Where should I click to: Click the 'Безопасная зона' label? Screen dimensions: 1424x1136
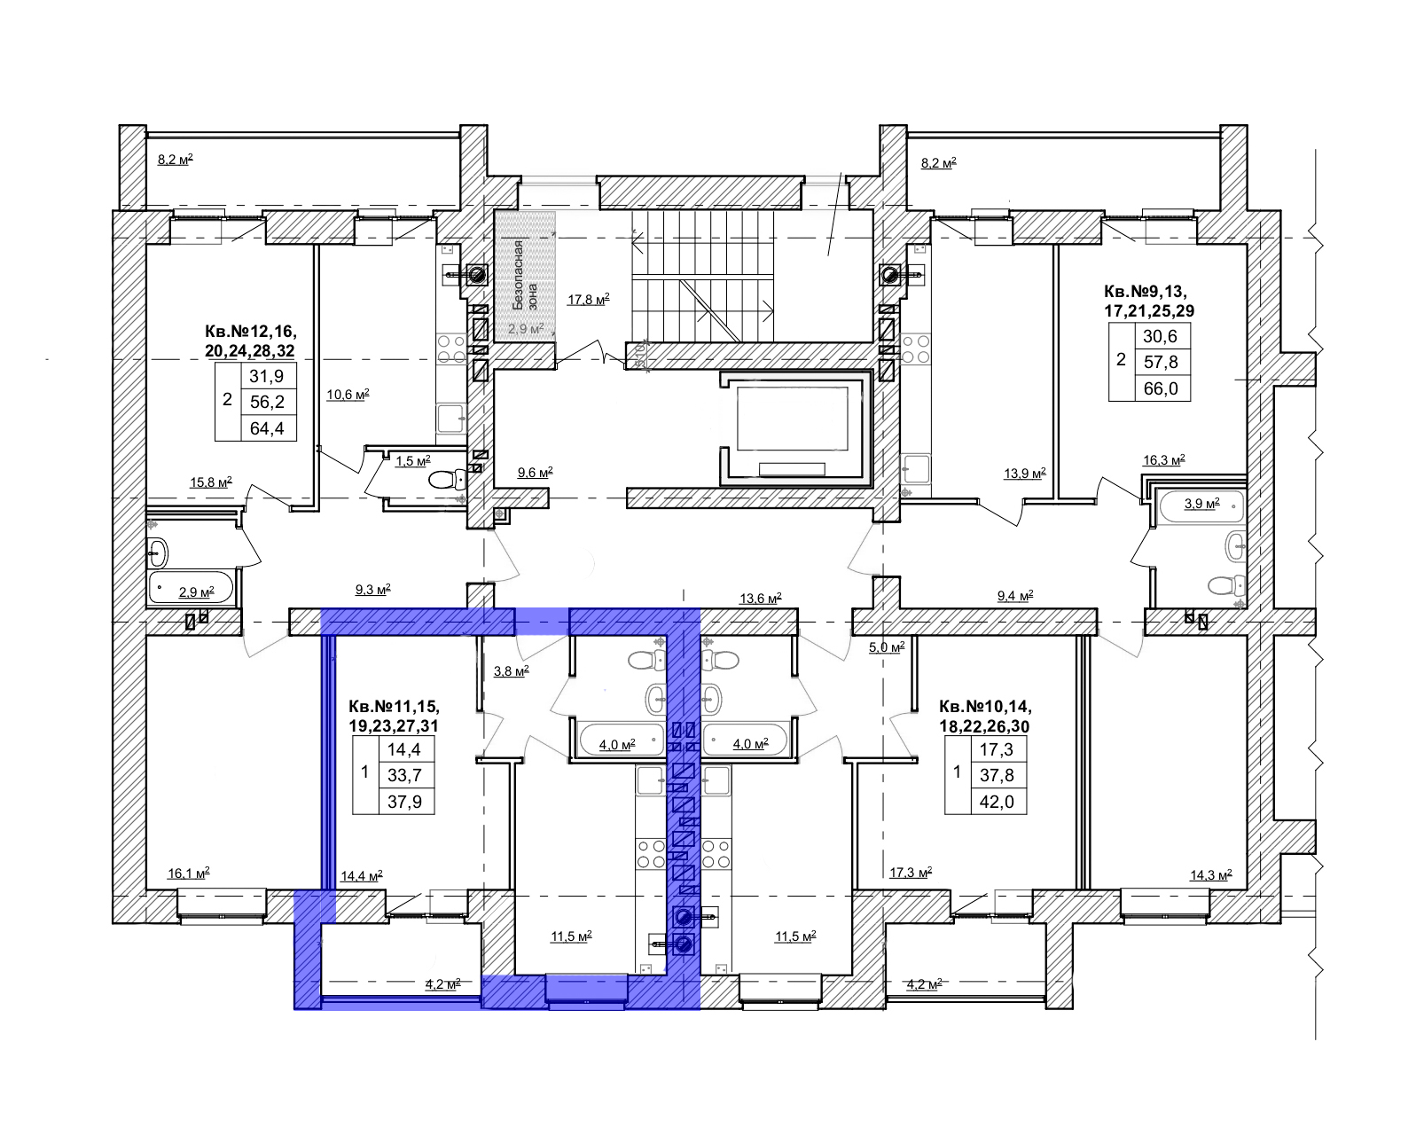(x=526, y=275)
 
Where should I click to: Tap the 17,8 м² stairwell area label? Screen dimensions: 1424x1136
(x=588, y=299)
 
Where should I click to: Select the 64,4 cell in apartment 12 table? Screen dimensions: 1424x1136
(x=267, y=428)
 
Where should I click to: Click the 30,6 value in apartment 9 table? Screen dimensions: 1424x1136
(x=1160, y=336)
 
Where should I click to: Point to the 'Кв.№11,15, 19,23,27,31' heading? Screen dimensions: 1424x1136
(x=394, y=716)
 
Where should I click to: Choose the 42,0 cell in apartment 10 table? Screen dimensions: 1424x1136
(x=997, y=802)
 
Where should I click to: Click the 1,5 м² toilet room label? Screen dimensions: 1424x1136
(x=413, y=461)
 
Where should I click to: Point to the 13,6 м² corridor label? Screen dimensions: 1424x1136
(x=760, y=599)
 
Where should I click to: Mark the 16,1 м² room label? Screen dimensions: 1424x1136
(x=189, y=874)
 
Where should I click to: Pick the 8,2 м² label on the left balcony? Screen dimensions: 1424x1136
(x=176, y=159)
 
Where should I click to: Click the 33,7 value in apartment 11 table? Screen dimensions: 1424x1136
(x=404, y=774)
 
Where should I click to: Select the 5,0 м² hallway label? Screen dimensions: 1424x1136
(x=887, y=646)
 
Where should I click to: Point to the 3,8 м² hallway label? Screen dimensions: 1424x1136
(x=512, y=671)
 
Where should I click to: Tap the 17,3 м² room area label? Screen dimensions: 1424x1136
(x=911, y=873)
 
